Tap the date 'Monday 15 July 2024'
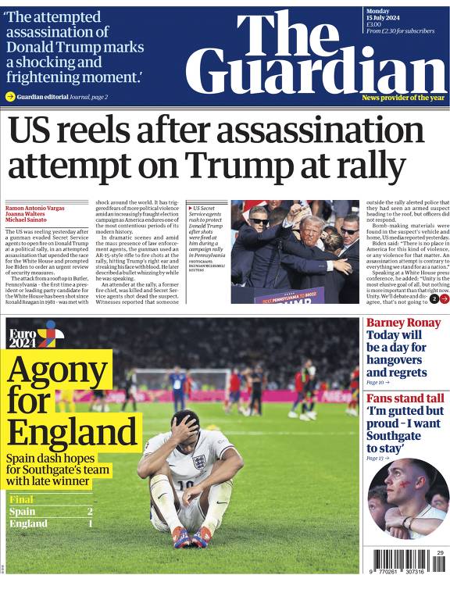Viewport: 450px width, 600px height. coord(387,16)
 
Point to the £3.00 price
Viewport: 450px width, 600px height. coord(373,24)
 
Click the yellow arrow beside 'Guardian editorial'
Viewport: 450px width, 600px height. coord(10,97)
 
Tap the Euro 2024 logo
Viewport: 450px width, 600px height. coord(36,335)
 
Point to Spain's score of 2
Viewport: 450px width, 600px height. coord(90,512)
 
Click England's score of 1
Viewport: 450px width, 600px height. coord(90,523)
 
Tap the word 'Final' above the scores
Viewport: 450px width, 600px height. coord(22,499)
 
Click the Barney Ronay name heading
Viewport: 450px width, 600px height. coord(403,323)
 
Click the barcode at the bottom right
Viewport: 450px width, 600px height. coord(398,563)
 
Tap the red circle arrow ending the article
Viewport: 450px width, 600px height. coord(444,298)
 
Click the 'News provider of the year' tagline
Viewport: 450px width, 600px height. coord(402,98)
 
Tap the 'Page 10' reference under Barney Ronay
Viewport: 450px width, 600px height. coord(376,383)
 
